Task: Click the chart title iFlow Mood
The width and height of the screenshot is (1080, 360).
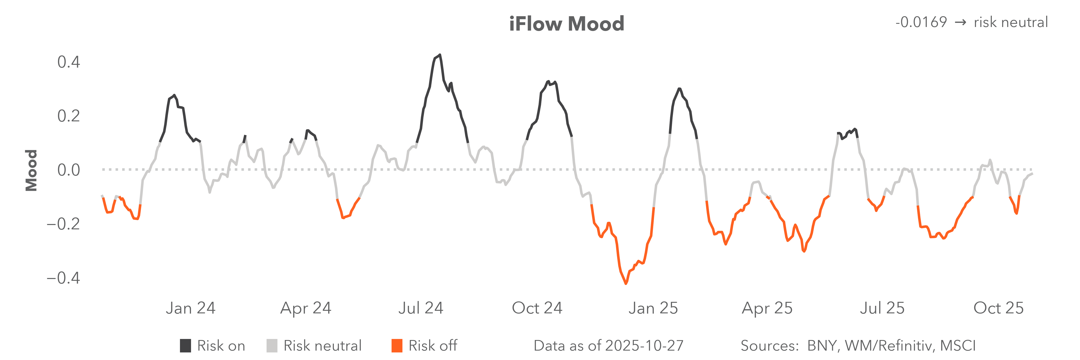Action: click(566, 24)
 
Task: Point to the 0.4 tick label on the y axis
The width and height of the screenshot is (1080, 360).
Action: click(68, 62)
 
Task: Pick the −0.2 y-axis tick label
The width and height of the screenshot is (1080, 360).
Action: click(63, 224)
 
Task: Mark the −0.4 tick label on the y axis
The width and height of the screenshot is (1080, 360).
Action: click(63, 278)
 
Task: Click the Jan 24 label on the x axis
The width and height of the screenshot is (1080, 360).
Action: click(191, 308)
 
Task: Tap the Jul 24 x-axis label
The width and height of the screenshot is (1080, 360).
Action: click(421, 308)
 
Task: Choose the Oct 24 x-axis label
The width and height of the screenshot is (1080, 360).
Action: click(537, 308)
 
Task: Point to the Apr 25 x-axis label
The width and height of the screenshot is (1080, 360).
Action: click(767, 308)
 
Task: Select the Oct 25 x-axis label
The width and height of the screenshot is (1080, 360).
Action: click(998, 308)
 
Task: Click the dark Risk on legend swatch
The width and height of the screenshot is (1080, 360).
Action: click(185, 346)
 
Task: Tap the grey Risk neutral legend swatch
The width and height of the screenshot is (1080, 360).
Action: click(272, 346)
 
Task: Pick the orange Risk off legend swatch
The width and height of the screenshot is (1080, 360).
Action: click(397, 346)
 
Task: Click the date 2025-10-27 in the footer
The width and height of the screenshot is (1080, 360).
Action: click(641, 346)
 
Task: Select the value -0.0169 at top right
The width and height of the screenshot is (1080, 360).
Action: click(921, 22)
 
